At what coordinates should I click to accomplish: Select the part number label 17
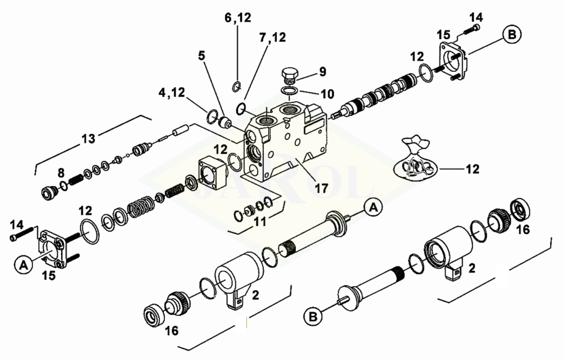[321, 188]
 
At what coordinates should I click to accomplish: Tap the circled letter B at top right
[512, 34]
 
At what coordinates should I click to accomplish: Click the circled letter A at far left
[23, 265]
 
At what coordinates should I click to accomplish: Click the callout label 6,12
[238, 17]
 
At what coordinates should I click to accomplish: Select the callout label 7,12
[272, 37]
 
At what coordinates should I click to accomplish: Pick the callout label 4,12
[171, 93]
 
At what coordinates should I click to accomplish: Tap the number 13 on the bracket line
[89, 138]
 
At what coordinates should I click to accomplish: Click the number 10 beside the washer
[327, 94]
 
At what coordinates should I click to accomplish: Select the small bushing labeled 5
[226, 122]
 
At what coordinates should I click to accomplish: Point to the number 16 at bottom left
[171, 331]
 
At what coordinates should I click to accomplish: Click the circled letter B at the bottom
[313, 317]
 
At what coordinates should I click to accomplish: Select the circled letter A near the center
[373, 208]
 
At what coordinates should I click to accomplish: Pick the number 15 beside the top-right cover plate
[443, 35]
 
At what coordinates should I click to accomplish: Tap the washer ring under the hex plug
[289, 90]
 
